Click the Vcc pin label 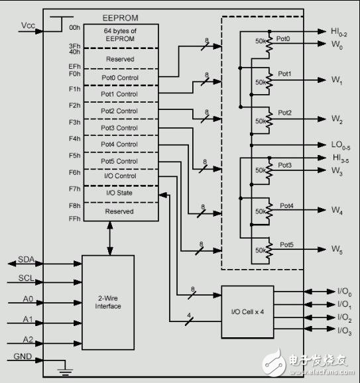(28, 26)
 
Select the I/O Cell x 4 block (247, 311)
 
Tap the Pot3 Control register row (119, 127)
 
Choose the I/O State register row (119, 192)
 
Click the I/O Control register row (119, 176)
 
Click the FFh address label (74, 219)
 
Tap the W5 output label (337, 250)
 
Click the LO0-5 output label (339, 144)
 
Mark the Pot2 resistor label (284, 113)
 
